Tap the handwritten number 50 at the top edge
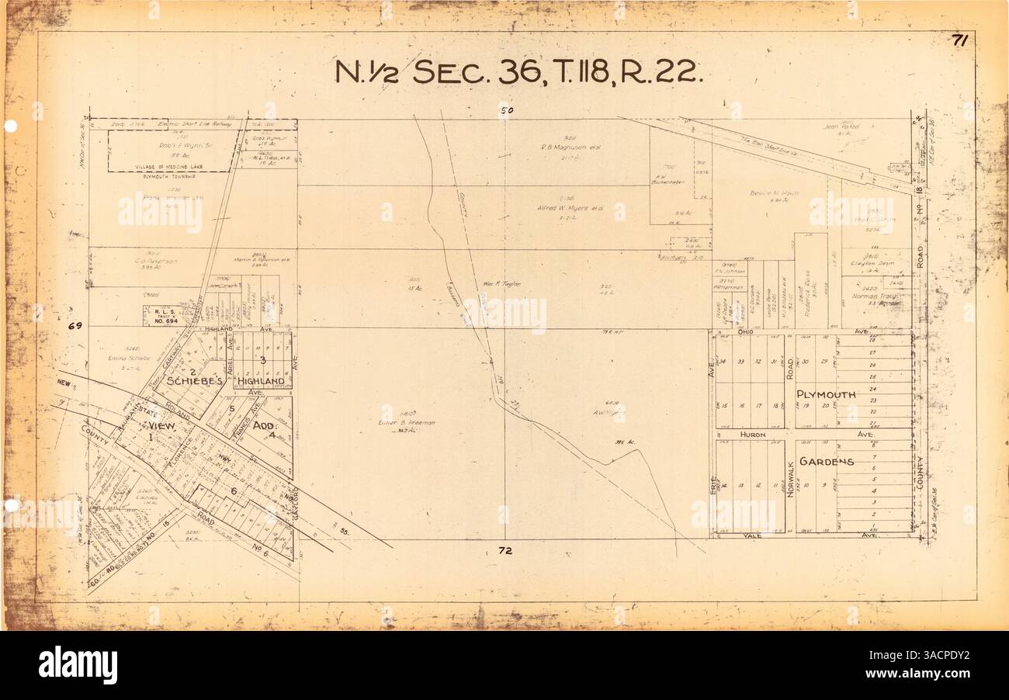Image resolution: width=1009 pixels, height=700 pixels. coord(507,111)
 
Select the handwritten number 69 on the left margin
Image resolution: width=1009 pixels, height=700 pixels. coord(75,327)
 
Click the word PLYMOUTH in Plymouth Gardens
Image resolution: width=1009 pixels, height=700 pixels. coord(826,394)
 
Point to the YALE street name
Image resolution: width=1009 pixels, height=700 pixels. coord(751,535)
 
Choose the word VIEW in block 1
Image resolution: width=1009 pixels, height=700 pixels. coord(161,427)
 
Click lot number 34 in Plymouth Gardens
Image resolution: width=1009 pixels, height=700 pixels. coord(723,362)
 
